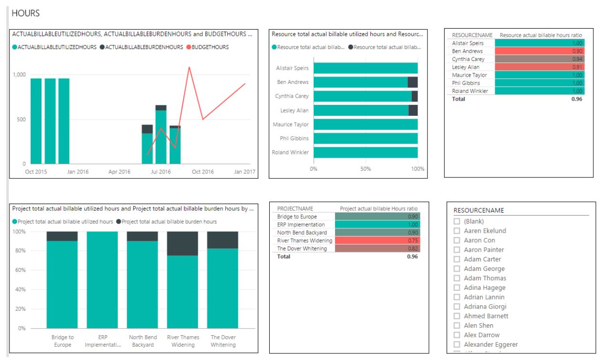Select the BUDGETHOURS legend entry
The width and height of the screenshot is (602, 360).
coord(210,47)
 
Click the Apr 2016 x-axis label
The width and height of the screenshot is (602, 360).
coord(119,172)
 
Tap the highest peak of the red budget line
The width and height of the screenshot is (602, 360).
coord(189,67)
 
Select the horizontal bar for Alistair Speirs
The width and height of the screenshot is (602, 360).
coord(365,68)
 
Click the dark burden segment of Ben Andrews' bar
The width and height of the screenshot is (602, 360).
coord(413,82)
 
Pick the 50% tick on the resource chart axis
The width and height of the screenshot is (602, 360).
coord(366,169)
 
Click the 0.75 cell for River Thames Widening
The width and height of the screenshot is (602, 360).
coord(377,240)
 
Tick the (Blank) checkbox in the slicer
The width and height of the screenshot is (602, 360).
coord(457,221)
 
